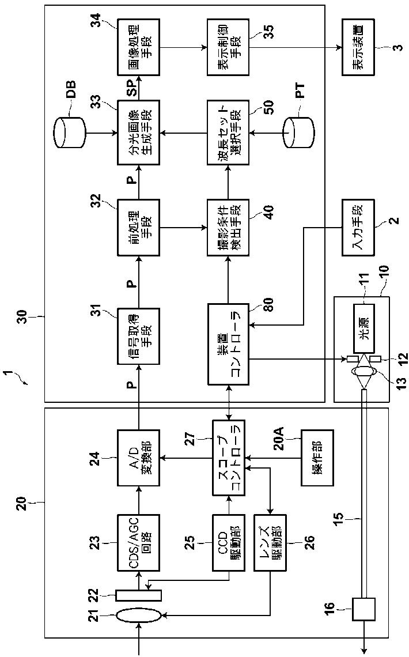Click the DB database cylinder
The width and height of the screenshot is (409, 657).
pyautogui.click(x=70, y=133)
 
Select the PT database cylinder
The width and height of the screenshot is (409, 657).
pyautogui.click(x=298, y=133)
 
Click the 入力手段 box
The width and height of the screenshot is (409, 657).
pyautogui.click(x=358, y=228)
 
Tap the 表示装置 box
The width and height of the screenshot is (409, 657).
pyautogui.click(x=358, y=47)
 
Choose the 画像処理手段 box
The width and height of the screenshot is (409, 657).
pyautogui.click(x=139, y=47)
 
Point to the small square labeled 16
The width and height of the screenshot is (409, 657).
pyautogui.click(x=363, y=609)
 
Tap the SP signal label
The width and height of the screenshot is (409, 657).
pyautogui.click(x=132, y=88)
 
